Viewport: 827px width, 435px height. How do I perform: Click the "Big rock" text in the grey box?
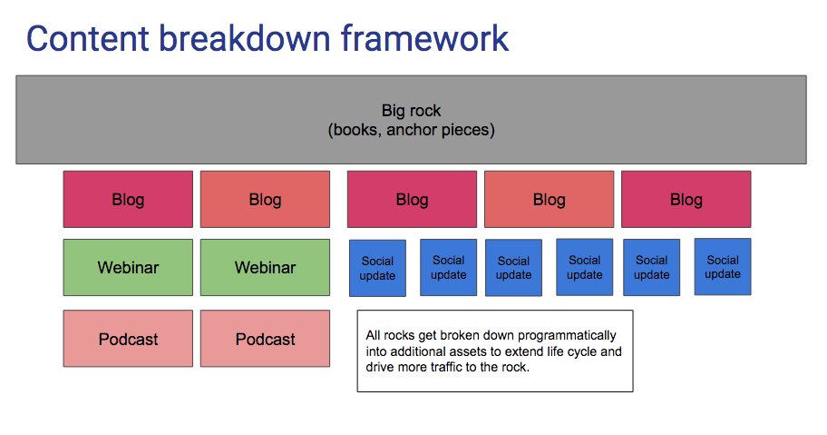coord(411,111)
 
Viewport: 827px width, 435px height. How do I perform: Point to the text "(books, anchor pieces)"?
coord(411,130)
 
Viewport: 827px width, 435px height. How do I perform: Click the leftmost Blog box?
coord(128,199)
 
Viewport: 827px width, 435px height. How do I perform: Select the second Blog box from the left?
coord(265,199)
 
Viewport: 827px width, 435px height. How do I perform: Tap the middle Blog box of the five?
coord(412,199)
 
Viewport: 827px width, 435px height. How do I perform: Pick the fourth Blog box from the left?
coord(549,199)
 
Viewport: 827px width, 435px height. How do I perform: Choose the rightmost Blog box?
coord(686,199)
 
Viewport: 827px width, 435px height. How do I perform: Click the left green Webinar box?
coord(128,267)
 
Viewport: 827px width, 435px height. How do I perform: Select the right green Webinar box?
coord(265,267)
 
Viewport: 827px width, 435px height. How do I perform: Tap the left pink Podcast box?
coord(128,339)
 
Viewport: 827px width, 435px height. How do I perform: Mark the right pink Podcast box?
coord(265,339)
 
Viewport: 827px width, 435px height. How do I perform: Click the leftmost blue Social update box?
coord(377,268)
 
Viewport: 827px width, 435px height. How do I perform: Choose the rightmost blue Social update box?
coord(723,267)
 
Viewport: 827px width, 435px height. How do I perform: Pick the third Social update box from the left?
coord(513,268)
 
